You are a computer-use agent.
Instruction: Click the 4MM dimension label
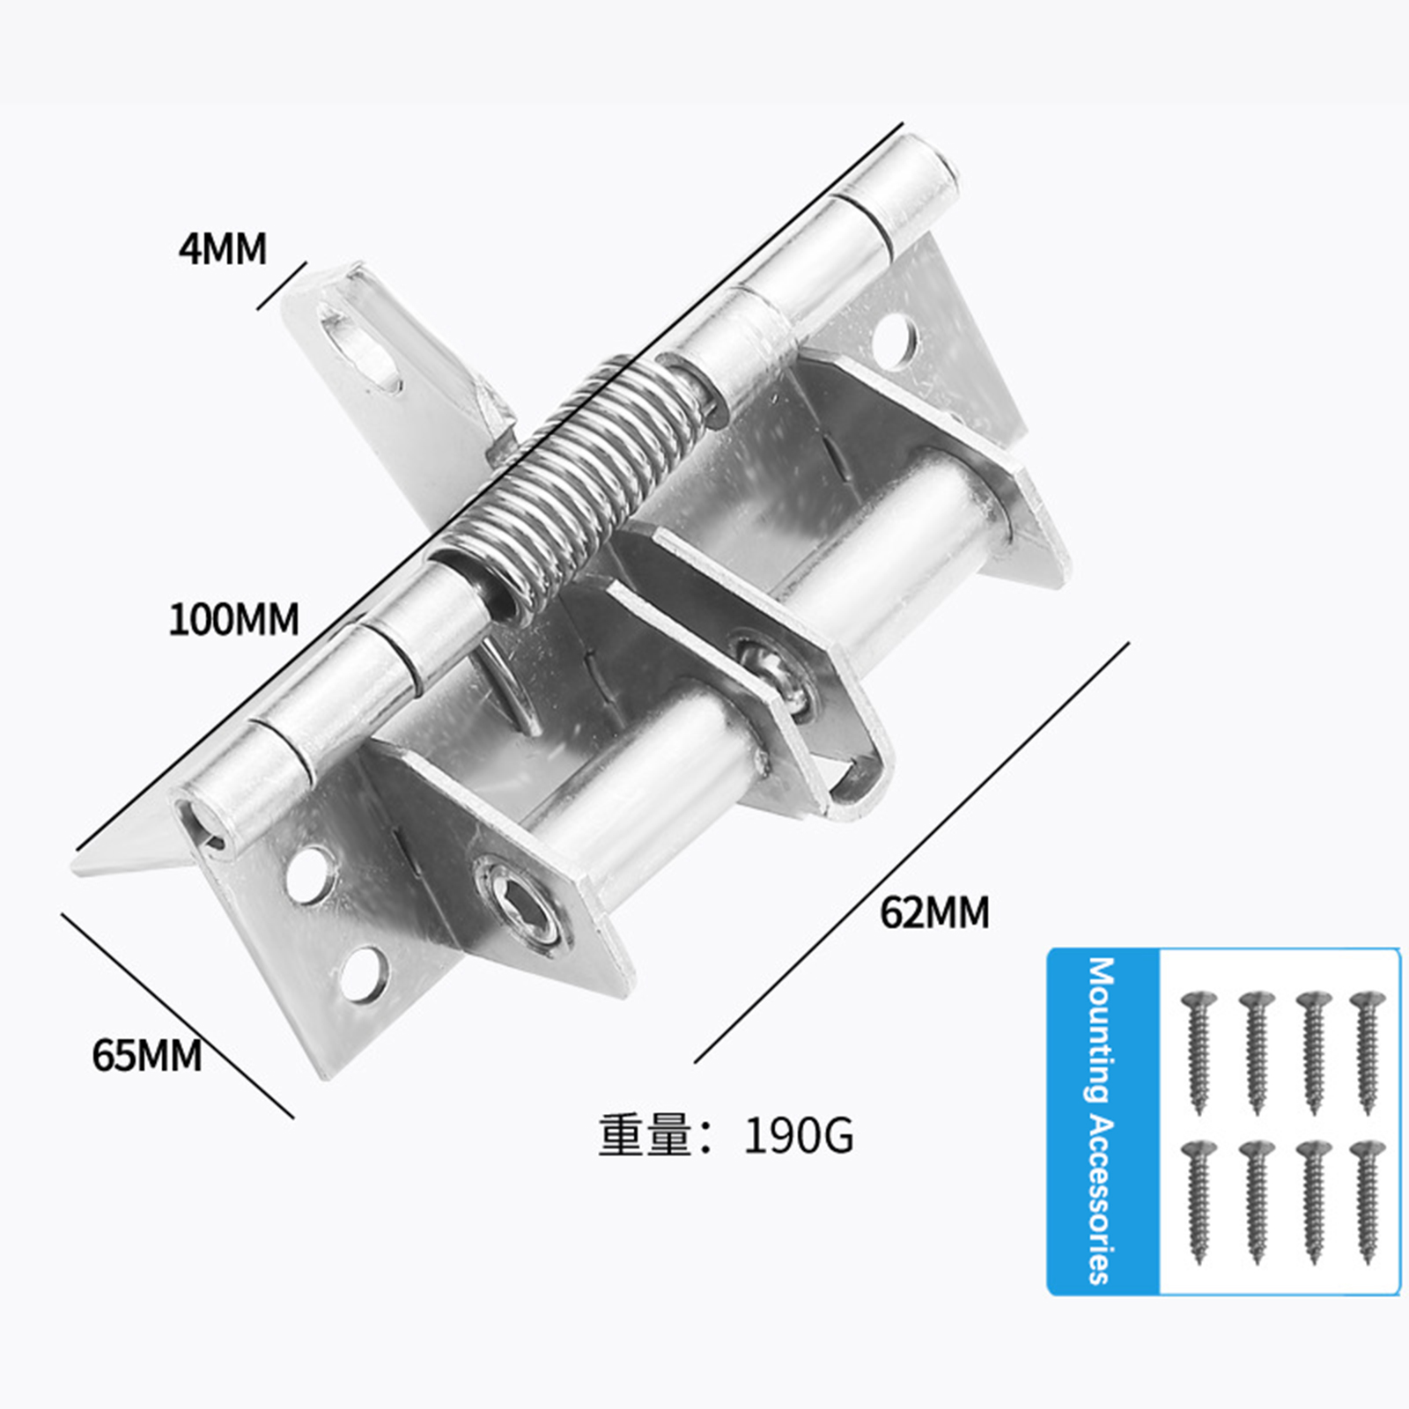click(x=222, y=248)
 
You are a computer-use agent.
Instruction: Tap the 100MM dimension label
click(x=233, y=619)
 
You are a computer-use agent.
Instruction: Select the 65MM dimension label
click(x=147, y=1054)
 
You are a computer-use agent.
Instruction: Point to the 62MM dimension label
click(x=934, y=912)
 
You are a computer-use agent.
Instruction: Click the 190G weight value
click(x=799, y=1137)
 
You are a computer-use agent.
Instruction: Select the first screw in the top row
click(x=1199, y=1053)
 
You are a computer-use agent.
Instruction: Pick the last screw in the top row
click(x=1368, y=1053)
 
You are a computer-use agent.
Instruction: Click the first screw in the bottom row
click(x=1199, y=1203)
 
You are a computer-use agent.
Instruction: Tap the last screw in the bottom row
click(x=1368, y=1203)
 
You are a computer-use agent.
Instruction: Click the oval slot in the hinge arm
click(x=360, y=345)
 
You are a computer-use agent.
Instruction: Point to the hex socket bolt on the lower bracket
click(x=516, y=904)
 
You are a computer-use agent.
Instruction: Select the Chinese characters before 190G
click(x=644, y=1136)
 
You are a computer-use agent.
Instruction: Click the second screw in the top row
click(x=1257, y=1053)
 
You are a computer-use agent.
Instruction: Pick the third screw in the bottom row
click(x=1313, y=1203)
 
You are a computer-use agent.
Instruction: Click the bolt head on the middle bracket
click(x=775, y=674)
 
